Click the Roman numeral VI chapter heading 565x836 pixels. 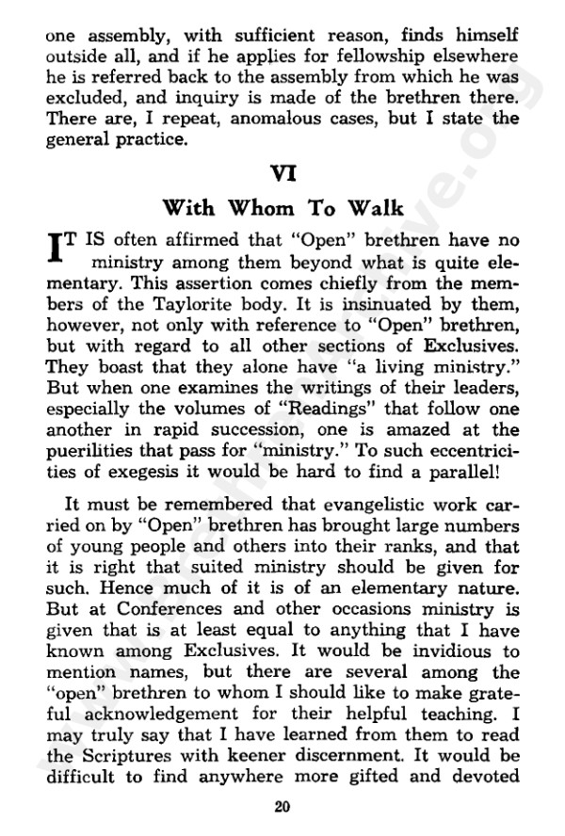point(282,174)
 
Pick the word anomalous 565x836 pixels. point(235,120)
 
